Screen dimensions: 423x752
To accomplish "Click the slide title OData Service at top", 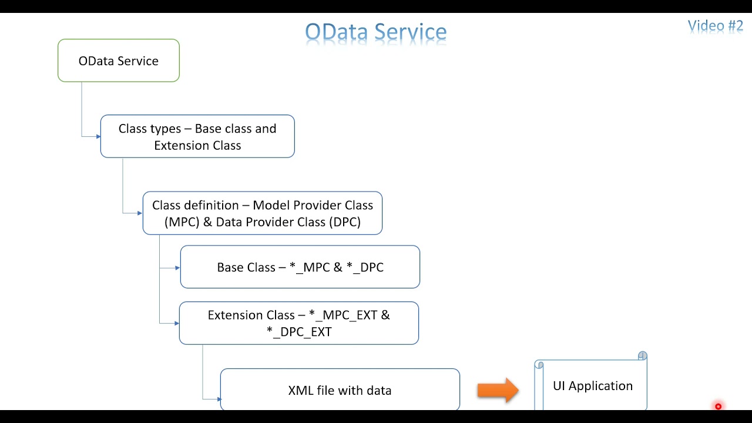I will tap(375, 32).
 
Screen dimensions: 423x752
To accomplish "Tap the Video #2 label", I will tap(715, 26).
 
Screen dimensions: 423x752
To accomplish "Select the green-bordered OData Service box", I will tap(118, 61).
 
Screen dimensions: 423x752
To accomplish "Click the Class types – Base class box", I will tap(197, 136).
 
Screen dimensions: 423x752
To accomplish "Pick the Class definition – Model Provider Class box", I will tap(262, 213).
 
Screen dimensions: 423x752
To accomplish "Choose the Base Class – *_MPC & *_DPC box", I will tap(300, 267).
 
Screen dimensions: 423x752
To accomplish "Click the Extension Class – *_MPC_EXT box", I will tap(298, 323).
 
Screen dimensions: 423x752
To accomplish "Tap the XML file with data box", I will tap(340, 390).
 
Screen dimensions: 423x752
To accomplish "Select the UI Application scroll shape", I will tap(592, 386).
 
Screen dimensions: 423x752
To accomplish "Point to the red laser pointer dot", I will tap(718, 407).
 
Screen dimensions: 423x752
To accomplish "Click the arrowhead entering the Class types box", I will tap(98, 137).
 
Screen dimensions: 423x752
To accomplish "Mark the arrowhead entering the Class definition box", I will tap(140, 213).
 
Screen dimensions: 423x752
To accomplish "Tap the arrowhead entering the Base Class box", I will tap(177, 268).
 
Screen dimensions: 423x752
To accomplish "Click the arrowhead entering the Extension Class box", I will tap(176, 323).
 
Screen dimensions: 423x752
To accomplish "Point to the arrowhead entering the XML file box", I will tap(218, 399).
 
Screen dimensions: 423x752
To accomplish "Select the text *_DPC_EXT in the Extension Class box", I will tap(298, 332).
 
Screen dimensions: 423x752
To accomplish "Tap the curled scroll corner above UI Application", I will tap(642, 356).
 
